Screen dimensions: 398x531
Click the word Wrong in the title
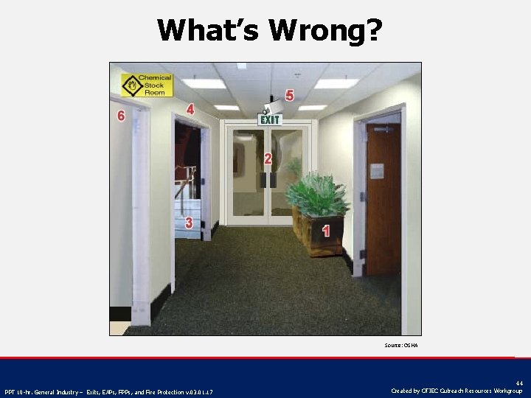[x=325, y=30]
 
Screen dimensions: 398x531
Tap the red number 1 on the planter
[x=325, y=231]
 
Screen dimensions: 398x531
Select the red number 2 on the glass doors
[x=268, y=158]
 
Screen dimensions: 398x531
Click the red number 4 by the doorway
[x=289, y=96]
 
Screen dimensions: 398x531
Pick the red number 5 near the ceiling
[x=121, y=116]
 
